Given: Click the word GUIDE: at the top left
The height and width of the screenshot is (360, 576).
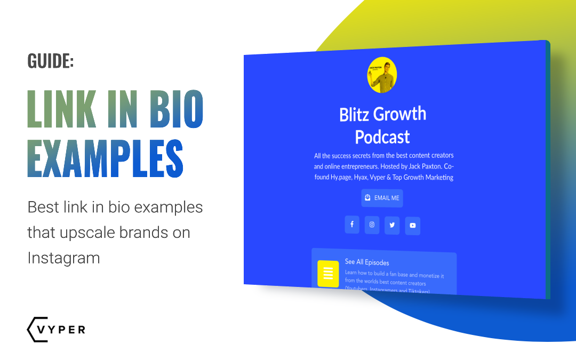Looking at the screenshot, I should pyautogui.click(x=51, y=61).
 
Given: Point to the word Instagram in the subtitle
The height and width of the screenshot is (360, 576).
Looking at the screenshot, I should pyautogui.click(x=63, y=258).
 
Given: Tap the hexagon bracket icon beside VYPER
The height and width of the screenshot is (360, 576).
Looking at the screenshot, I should pyautogui.click(x=34, y=330).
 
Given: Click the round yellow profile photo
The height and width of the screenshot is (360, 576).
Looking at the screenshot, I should pyautogui.click(x=382, y=75).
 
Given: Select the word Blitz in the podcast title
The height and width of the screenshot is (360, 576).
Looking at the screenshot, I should pyautogui.click(x=355, y=114).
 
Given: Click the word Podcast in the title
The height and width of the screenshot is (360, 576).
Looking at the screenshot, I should pyautogui.click(x=382, y=137).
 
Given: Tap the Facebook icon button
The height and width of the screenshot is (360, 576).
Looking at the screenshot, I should pyautogui.click(x=351, y=225).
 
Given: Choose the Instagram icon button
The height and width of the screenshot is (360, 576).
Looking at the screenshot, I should pyautogui.click(x=372, y=225).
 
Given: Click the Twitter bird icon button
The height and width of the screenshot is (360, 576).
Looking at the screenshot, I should pyautogui.click(x=392, y=225).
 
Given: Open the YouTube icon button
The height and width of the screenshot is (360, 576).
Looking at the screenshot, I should pyautogui.click(x=412, y=226).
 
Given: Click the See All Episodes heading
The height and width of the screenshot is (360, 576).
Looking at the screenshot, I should pyautogui.click(x=367, y=262).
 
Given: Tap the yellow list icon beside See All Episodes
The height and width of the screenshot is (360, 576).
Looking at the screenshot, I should pyautogui.click(x=328, y=274).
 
